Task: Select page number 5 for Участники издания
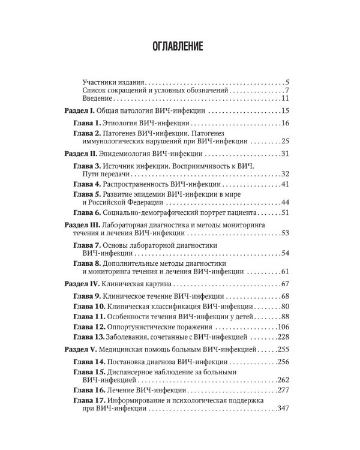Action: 288,82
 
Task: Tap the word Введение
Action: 98,98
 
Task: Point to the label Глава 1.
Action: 88,124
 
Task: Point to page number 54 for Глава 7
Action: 285,253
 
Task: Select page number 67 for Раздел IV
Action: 285,283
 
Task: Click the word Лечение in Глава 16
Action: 120,391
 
